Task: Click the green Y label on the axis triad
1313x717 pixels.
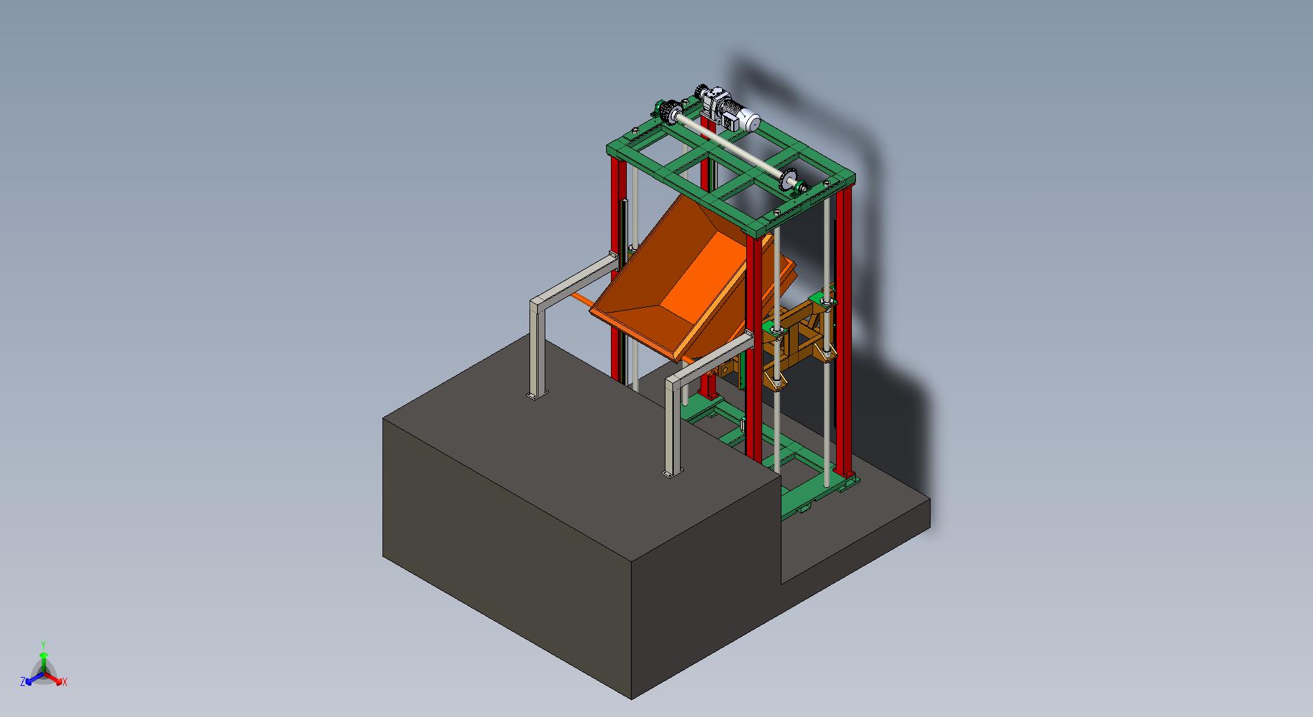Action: [x=43, y=645]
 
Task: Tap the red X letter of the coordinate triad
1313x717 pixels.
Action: [x=65, y=682]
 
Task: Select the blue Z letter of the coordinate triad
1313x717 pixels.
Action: [x=23, y=682]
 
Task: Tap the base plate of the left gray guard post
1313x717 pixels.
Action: [x=536, y=395]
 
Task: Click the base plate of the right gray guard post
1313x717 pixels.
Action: [x=672, y=473]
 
